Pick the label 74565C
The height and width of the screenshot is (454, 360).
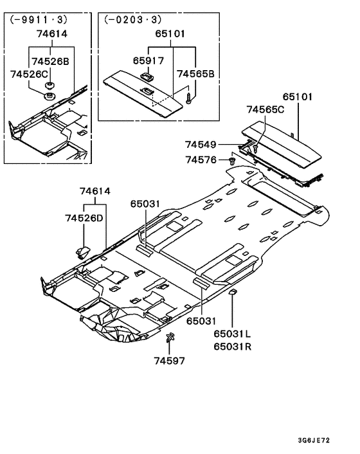265,110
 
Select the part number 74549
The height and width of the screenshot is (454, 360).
201,145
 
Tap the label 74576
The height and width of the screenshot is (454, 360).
201,159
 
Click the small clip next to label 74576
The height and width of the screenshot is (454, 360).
231,159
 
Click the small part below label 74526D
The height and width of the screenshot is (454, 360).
82,250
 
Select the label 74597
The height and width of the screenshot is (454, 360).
169,361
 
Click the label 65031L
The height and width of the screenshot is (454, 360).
233,334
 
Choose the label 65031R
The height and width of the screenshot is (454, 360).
233,347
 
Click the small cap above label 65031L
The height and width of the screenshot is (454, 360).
233,293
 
